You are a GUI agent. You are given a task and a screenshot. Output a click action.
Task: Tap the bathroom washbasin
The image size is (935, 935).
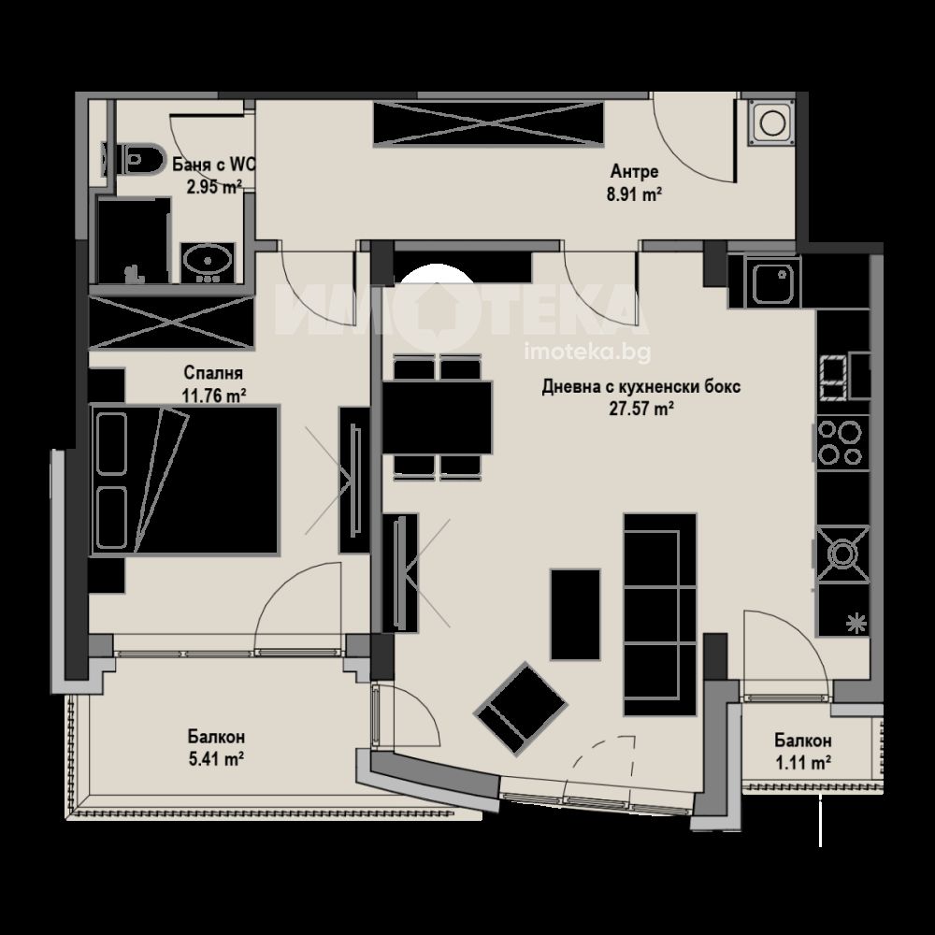(207, 262)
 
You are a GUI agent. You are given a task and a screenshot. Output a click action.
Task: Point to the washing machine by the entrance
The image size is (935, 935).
(771, 122)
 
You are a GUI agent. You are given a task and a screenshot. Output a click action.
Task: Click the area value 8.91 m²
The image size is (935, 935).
(635, 195)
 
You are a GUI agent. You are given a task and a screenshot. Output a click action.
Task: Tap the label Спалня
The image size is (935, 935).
(213, 373)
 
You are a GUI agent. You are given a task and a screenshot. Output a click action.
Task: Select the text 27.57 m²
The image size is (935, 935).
(641, 410)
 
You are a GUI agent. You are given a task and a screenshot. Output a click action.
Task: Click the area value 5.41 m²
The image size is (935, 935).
(216, 759)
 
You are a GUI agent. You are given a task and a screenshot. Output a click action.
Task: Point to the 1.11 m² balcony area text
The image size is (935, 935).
(803, 763)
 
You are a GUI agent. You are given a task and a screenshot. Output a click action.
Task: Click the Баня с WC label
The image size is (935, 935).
(214, 165)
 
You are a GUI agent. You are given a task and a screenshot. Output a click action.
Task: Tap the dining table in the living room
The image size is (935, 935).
(437, 417)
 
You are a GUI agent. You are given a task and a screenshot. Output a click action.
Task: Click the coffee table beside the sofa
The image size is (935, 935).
(575, 615)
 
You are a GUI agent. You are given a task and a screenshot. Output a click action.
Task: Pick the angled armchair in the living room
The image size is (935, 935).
(520, 709)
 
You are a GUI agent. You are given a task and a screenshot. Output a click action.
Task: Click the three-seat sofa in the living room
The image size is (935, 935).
(660, 614)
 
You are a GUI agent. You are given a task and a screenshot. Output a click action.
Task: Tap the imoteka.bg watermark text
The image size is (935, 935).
(587, 352)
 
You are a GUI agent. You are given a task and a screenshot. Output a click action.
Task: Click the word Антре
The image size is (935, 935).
(635, 172)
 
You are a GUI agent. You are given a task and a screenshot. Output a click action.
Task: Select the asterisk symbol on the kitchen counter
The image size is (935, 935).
(856, 623)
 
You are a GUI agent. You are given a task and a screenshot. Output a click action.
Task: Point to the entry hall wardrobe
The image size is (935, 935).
(489, 123)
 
